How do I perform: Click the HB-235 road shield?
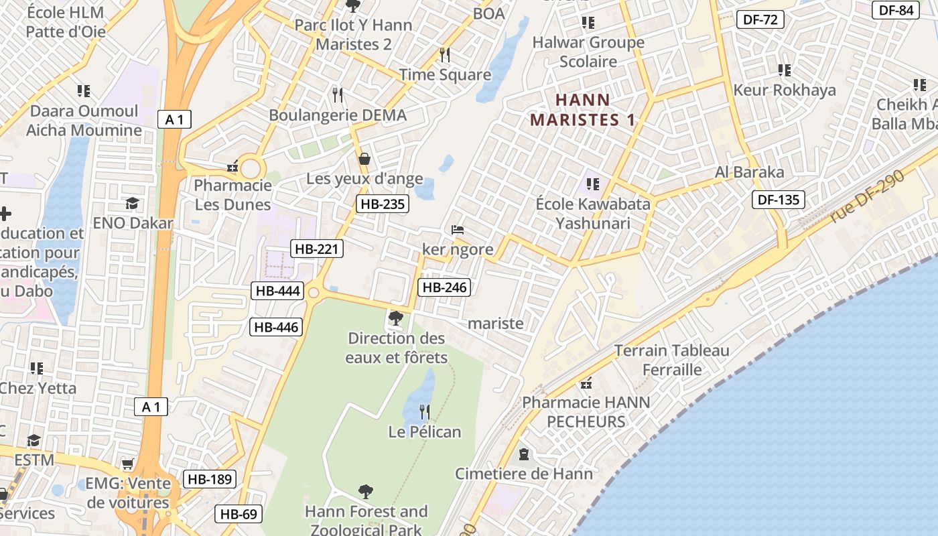click(382, 204)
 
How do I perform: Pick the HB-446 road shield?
click(276, 327)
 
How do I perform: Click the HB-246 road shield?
click(444, 287)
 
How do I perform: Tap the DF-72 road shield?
click(760, 19)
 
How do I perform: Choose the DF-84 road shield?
click(896, 10)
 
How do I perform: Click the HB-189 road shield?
click(209, 479)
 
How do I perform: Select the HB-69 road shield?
click(239, 514)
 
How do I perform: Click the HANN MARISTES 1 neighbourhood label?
click(583, 111)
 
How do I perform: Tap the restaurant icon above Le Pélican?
click(425, 411)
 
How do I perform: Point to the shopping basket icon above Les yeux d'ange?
click(364, 159)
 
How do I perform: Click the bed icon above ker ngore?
click(458, 230)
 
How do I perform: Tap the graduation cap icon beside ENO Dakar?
click(133, 203)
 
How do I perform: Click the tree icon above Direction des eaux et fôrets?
click(396, 318)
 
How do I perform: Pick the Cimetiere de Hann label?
click(524, 474)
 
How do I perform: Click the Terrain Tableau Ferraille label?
click(672, 360)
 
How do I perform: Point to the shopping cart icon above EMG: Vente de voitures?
click(127, 464)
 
